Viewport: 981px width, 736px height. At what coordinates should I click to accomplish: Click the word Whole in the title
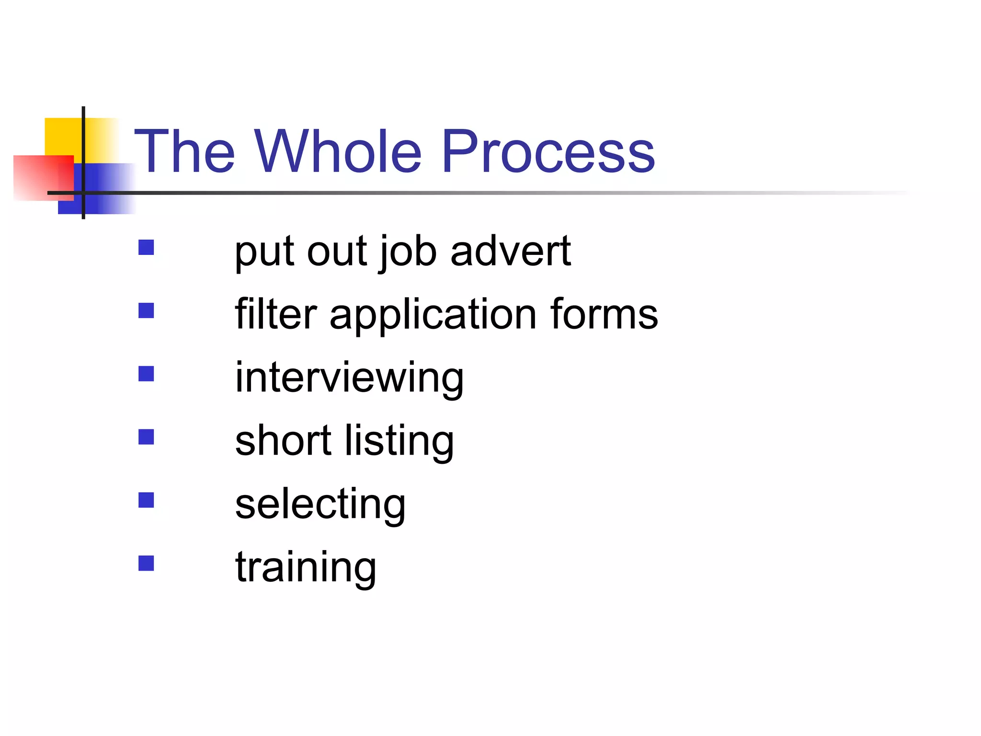point(338,151)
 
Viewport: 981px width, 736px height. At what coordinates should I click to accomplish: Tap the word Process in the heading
point(548,151)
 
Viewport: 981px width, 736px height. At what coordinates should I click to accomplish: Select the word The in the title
point(185,151)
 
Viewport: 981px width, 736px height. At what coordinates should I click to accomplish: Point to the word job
point(408,252)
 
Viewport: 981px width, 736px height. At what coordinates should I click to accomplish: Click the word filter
point(276,314)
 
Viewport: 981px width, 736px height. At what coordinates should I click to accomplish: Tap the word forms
point(604,314)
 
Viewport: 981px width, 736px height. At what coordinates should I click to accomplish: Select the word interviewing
point(349,379)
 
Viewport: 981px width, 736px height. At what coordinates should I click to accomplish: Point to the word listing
point(399,442)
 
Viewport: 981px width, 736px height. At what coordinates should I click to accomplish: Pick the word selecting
point(320,505)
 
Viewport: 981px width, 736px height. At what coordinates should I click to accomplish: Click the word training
point(306,568)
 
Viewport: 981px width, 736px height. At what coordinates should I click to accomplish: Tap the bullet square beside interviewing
point(146,374)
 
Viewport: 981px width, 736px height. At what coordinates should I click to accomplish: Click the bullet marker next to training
point(146,563)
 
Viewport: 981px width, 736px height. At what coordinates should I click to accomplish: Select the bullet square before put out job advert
point(146,247)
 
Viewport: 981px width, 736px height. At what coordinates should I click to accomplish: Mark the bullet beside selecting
point(146,500)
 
